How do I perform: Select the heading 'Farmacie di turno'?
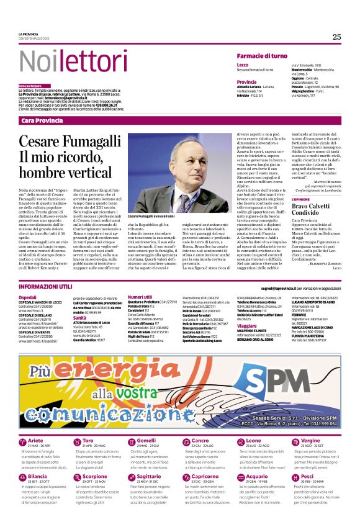click(x=261, y=56)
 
